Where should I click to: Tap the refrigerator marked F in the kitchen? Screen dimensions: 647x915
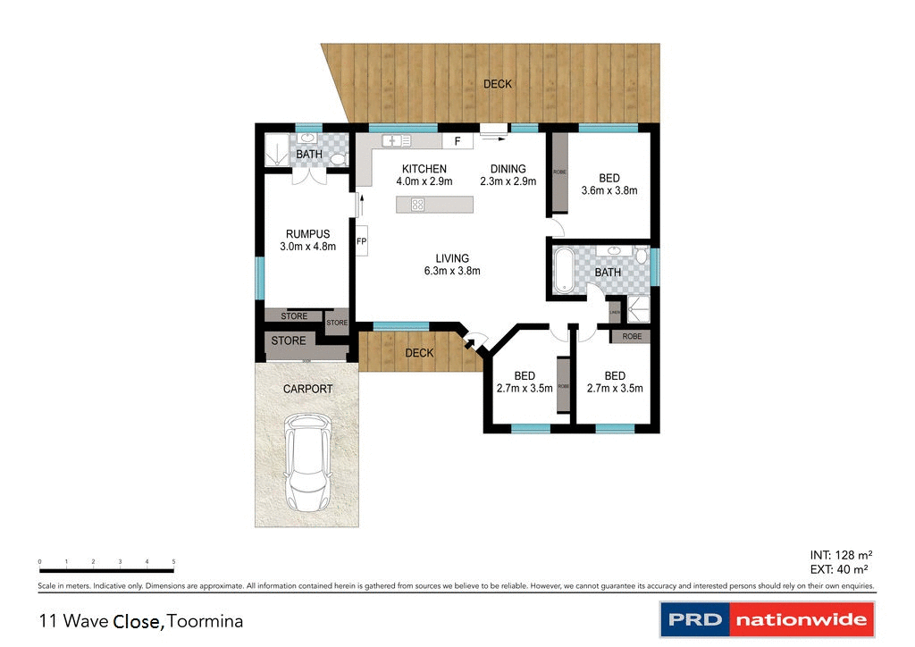(457, 141)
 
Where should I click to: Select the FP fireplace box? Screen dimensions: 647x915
(362, 241)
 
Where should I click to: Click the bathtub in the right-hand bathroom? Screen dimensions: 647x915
(564, 272)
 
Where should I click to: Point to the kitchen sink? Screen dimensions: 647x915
(395, 140)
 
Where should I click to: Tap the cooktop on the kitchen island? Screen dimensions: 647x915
(417, 205)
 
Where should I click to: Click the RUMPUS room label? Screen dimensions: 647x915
(307, 234)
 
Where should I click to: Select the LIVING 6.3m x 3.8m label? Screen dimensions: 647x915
(452, 265)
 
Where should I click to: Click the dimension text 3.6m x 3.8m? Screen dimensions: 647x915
(609, 190)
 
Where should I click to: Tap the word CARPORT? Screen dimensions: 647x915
(307, 389)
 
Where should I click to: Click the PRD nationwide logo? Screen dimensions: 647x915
(767, 619)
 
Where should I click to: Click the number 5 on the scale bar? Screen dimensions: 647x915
(173, 561)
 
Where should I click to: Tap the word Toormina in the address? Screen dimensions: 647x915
(206, 620)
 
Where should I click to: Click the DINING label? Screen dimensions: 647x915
(508, 169)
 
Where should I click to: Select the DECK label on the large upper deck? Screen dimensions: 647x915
(498, 84)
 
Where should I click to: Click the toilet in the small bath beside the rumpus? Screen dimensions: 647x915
(338, 158)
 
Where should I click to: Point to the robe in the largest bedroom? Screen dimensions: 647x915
(558, 172)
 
